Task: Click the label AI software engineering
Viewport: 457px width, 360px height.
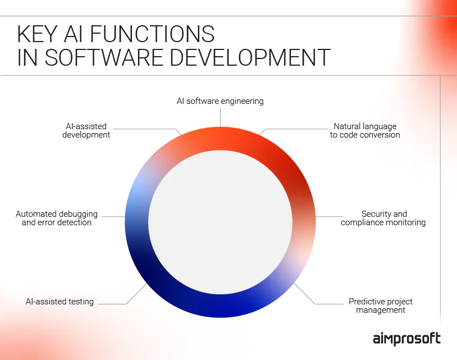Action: (x=220, y=101)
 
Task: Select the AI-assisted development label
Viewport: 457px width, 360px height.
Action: (x=86, y=130)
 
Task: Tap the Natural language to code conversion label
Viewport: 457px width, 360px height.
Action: (x=365, y=130)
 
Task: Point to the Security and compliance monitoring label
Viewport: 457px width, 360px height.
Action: (x=383, y=218)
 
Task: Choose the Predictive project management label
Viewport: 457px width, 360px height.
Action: (x=381, y=306)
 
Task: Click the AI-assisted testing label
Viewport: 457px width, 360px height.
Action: (x=60, y=302)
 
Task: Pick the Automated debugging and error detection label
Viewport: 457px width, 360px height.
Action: (x=57, y=218)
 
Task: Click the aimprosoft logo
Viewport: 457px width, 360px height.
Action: (x=406, y=339)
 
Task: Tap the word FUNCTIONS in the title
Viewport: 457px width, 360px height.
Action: (x=152, y=34)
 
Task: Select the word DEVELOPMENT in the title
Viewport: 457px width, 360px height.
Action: (x=250, y=57)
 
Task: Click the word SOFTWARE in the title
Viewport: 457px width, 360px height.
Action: (x=103, y=57)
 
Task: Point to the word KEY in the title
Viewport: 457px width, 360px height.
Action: (x=37, y=34)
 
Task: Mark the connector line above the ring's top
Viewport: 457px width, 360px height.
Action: (x=220, y=117)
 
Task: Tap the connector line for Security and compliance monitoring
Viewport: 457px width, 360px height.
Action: (x=330, y=217)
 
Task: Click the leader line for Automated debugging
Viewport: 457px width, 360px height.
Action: (x=113, y=217)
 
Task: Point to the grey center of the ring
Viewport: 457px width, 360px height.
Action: (x=220, y=222)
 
